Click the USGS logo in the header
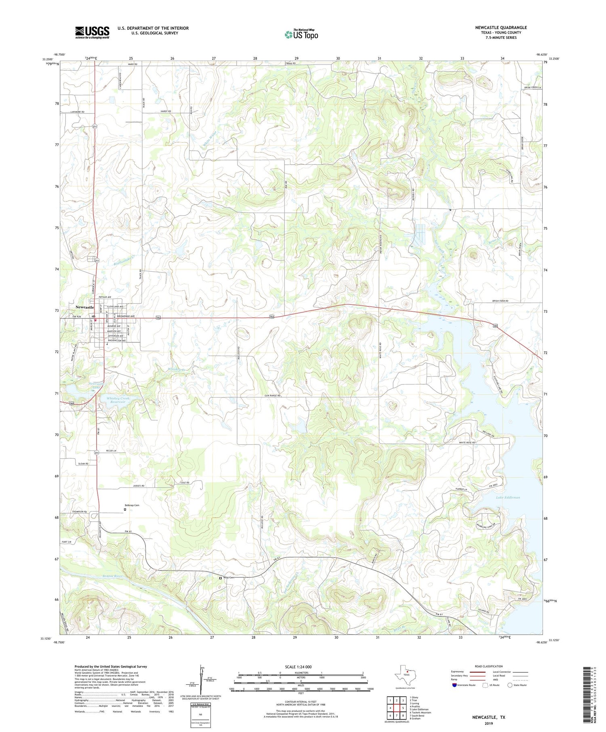click(x=92, y=32)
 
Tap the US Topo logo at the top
click(x=301, y=35)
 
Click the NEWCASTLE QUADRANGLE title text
click(x=501, y=27)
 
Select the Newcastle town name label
click(x=84, y=307)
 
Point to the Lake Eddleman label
click(x=508, y=497)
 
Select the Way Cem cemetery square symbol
click(x=220, y=578)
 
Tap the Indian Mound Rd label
click(x=381, y=242)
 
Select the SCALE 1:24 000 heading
click(x=298, y=667)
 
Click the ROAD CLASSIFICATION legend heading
click(x=489, y=666)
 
